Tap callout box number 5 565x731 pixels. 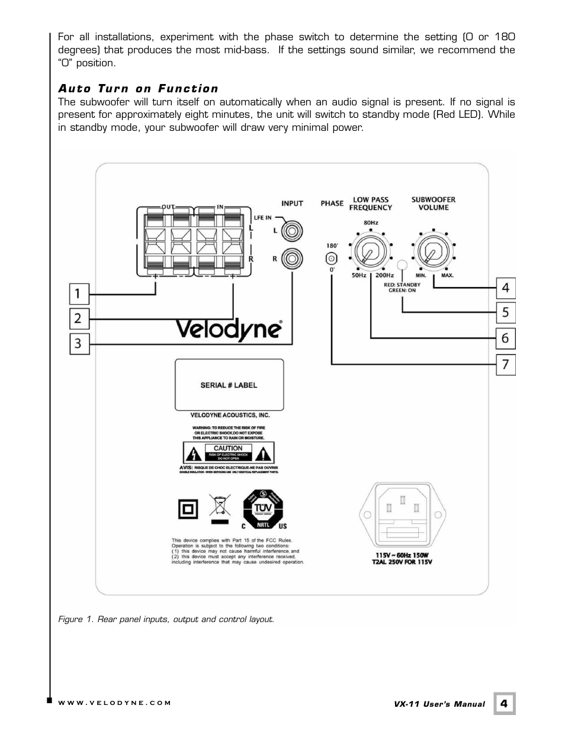505,313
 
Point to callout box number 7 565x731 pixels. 505,364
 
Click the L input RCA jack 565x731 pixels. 292,231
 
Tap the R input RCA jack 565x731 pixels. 292,259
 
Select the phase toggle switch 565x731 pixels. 332,258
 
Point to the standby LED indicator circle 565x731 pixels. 402,265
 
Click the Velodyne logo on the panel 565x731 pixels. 228,330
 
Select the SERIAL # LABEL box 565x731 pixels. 229,385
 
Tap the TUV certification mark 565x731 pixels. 262,510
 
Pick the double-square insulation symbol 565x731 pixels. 188,510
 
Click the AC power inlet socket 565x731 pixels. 403,516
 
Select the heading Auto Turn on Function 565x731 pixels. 138,89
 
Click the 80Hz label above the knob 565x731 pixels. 371,223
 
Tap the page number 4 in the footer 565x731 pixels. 504,703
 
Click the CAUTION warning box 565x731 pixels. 228,453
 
